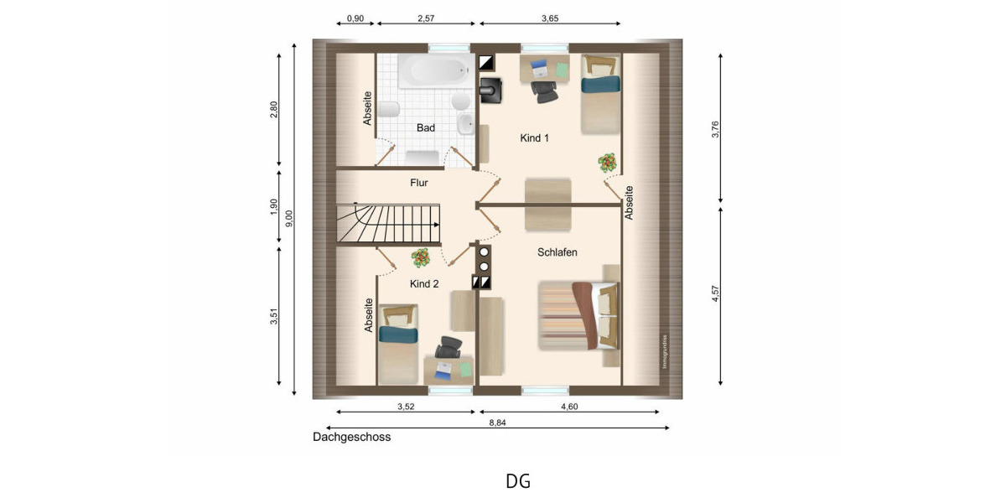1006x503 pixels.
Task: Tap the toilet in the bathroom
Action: pyautogui.click(x=388, y=109)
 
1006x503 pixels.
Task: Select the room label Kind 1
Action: pyautogui.click(x=534, y=138)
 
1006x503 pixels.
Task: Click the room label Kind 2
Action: pyautogui.click(x=424, y=284)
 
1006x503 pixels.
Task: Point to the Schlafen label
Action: pyautogui.click(x=557, y=252)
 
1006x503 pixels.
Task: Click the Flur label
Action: pyautogui.click(x=420, y=183)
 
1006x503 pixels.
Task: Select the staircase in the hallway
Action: pyautogui.click(x=388, y=224)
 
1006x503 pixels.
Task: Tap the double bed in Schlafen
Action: pyautogui.click(x=578, y=316)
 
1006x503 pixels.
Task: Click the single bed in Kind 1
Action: pyautogui.click(x=600, y=94)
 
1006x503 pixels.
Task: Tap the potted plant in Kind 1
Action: pyautogui.click(x=608, y=163)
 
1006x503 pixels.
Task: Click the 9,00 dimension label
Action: pyautogui.click(x=288, y=218)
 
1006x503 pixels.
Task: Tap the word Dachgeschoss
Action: pyautogui.click(x=351, y=437)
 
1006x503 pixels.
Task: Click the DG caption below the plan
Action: pyautogui.click(x=517, y=481)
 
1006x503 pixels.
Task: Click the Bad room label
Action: pyautogui.click(x=426, y=128)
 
